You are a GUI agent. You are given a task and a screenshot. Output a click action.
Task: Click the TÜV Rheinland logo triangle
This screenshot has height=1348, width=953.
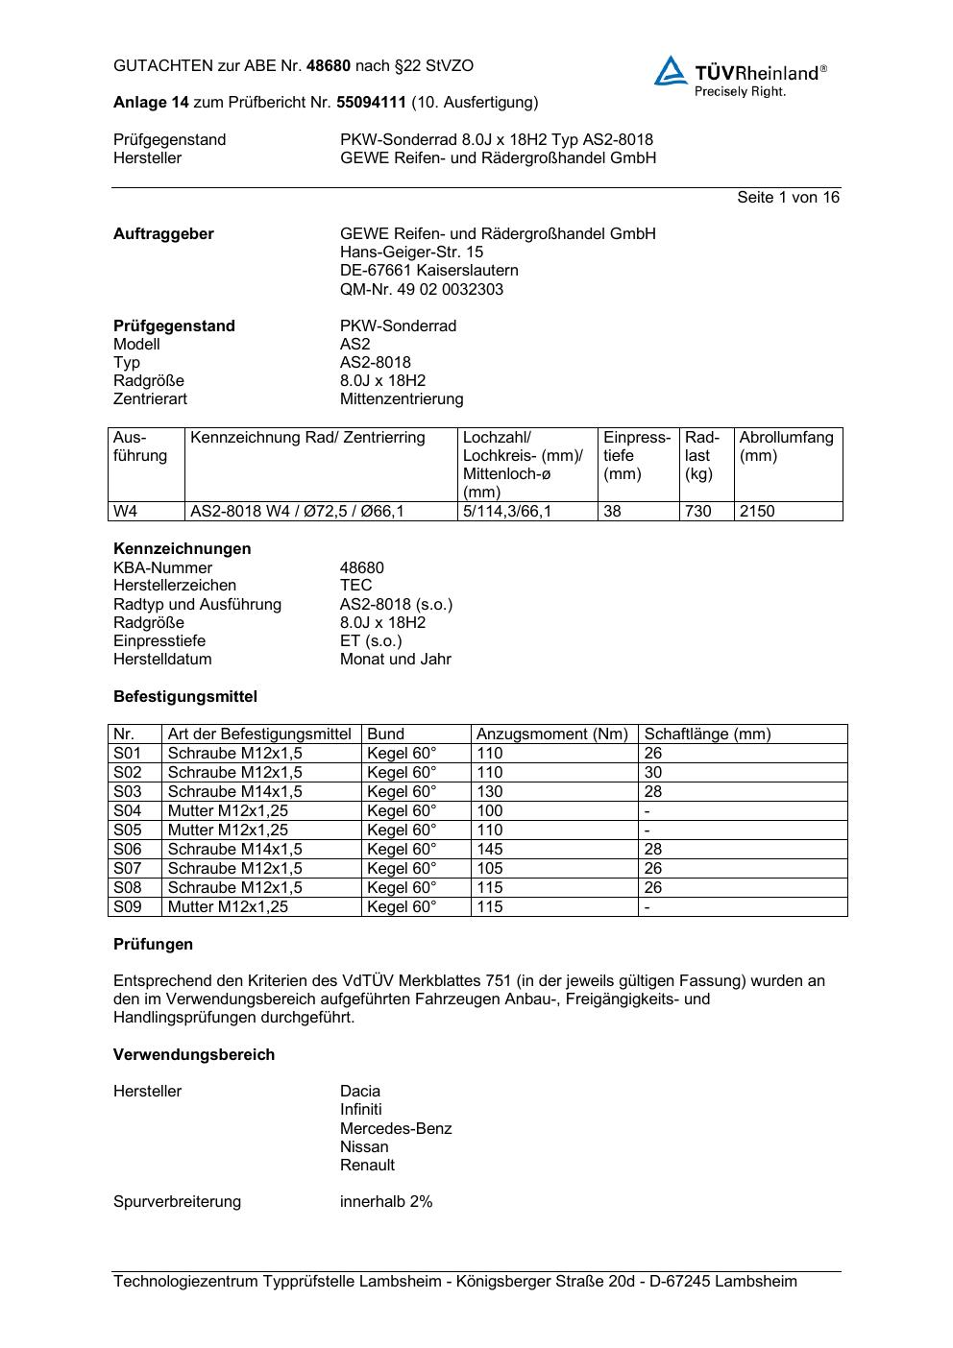(671, 71)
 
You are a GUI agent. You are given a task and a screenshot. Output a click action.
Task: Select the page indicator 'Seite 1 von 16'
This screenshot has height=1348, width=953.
(788, 198)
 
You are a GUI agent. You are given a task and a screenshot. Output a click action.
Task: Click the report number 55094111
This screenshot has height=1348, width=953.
(374, 102)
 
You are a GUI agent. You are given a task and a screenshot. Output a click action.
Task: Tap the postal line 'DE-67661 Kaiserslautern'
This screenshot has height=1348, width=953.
(428, 271)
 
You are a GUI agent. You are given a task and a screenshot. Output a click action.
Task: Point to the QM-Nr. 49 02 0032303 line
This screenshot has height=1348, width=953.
(421, 289)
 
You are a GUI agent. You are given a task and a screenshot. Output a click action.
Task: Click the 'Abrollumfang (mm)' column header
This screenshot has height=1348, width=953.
(787, 446)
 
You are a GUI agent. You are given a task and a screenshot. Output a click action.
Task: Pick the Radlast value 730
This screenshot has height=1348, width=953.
(697, 512)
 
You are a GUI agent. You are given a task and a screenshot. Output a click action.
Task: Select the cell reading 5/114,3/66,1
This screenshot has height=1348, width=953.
(507, 512)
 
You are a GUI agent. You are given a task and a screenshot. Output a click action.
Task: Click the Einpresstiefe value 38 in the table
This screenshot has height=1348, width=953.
(613, 512)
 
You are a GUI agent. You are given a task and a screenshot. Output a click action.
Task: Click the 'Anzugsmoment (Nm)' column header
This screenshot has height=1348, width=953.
(552, 734)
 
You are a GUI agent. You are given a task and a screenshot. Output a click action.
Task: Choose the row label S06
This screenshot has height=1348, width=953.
(128, 850)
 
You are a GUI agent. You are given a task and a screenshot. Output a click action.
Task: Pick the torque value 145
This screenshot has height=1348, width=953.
(490, 850)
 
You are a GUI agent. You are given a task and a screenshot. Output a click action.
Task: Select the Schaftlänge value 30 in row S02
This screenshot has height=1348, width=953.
(653, 773)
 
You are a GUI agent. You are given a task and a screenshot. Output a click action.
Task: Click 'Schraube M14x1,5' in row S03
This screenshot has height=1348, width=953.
(234, 792)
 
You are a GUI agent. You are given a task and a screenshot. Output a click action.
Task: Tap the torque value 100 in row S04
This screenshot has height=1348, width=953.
(490, 811)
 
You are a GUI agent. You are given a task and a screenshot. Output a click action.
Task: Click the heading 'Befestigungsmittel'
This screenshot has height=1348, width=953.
(185, 697)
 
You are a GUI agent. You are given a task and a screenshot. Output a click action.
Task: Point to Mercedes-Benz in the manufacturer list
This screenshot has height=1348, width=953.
(396, 1129)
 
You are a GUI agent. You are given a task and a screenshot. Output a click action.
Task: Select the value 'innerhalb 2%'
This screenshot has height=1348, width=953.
(386, 1202)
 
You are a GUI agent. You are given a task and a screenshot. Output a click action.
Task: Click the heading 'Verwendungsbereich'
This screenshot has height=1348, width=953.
(194, 1055)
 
